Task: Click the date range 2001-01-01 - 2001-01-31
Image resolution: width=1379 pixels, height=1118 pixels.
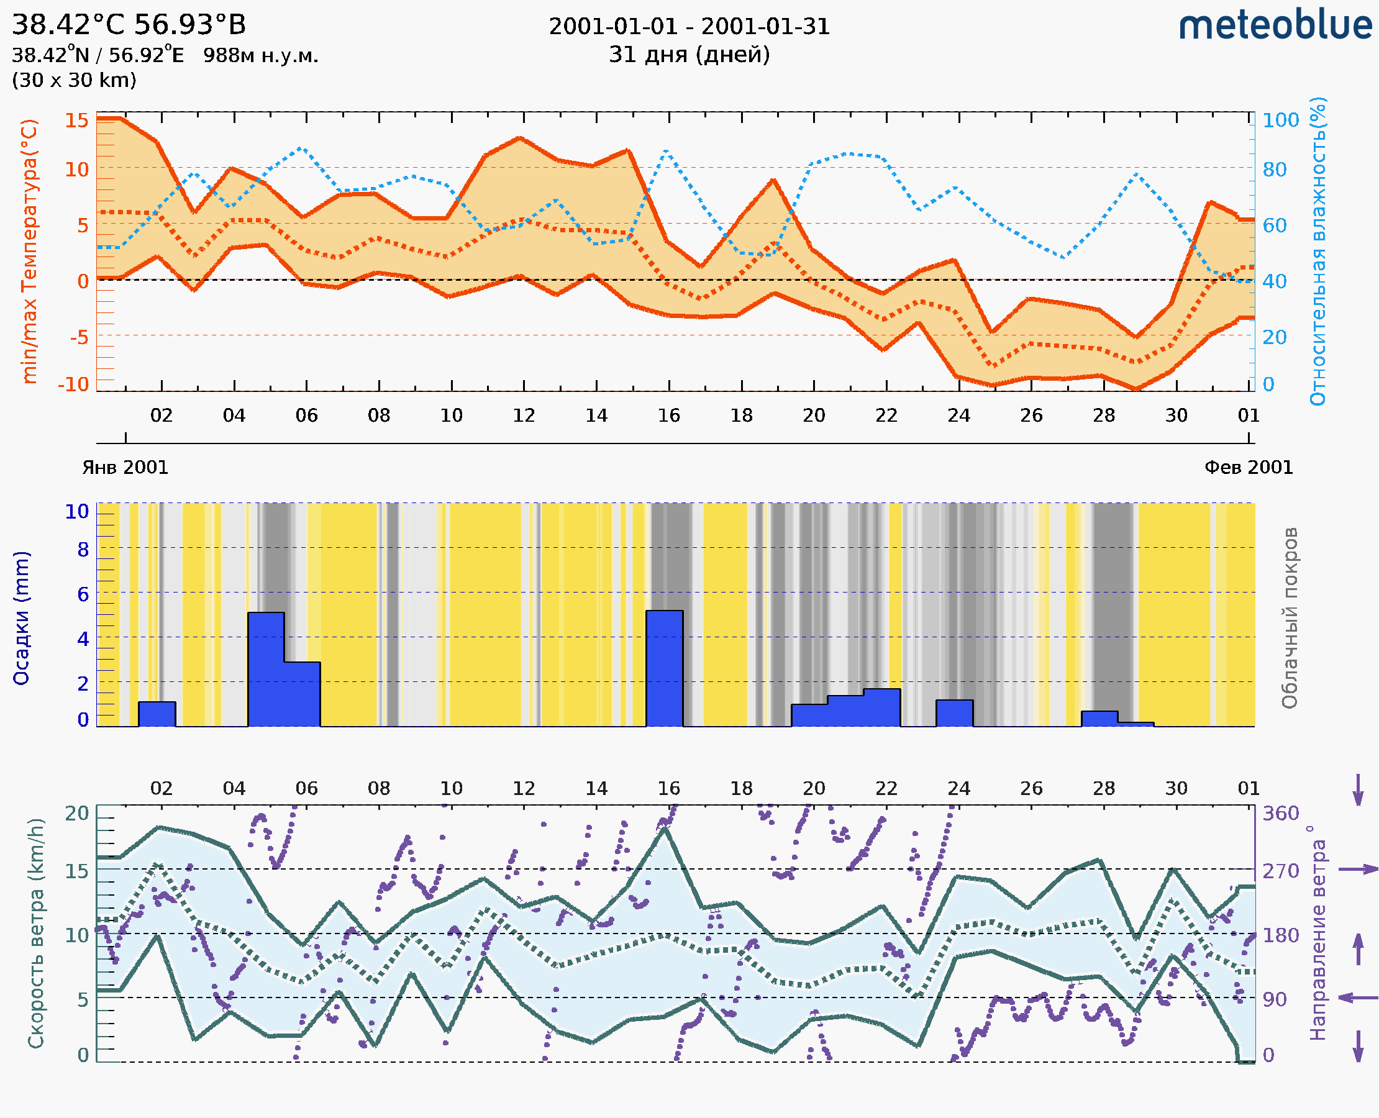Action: click(x=689, y=27)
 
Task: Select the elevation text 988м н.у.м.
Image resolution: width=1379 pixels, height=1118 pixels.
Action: click(x=260, y=56)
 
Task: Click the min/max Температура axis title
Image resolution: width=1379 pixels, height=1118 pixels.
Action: click(x=30, y=251)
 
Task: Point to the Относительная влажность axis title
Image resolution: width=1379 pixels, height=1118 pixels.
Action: click(x=1318, y=251)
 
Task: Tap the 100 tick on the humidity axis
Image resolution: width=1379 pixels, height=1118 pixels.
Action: click(x=1280, y=120)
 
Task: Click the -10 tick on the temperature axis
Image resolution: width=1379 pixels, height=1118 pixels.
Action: click(x=73, y=384)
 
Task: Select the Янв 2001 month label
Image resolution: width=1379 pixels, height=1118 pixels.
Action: click(x=125, y=468)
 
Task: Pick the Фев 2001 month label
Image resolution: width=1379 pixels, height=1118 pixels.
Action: click(x=1249, y=468)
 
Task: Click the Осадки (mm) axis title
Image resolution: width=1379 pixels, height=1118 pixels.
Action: click(x=21, y=618)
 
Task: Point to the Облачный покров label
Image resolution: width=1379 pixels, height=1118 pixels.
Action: click(x=1289, y=618)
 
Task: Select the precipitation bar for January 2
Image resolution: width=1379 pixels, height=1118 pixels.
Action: click(x=157, y=714)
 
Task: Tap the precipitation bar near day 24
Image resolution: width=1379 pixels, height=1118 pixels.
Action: click(x=954, y=713)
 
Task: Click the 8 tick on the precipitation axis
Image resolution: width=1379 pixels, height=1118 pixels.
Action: click(x=83, y=550)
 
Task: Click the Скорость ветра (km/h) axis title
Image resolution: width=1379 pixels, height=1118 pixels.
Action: click(x=36, y=934)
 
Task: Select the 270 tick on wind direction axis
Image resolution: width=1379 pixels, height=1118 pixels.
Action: click(x=1280, y=871)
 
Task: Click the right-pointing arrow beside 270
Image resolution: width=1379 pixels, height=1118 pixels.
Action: click(x=1358, y=870)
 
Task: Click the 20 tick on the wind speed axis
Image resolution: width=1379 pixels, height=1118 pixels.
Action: click(x=77, y=814)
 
